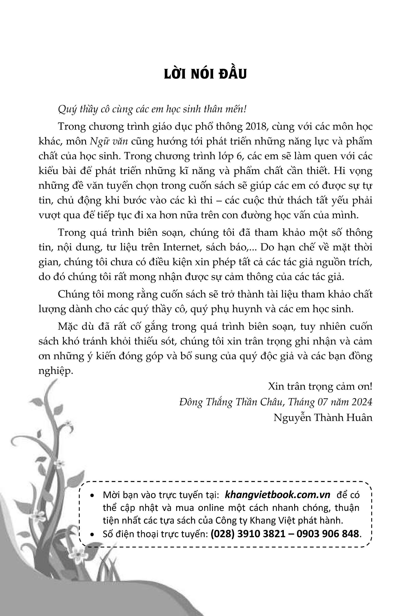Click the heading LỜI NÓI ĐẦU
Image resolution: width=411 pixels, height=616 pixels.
click(205, 74)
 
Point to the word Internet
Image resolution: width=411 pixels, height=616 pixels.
click(182, 247)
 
